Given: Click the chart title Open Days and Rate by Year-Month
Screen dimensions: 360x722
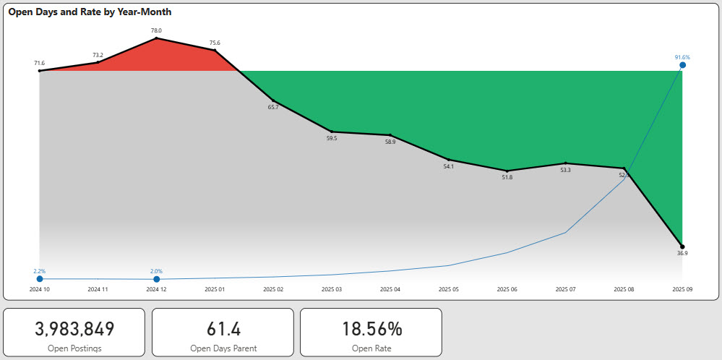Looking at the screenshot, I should pos(90,12).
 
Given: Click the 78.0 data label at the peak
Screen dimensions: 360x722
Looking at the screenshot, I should pos(156,30).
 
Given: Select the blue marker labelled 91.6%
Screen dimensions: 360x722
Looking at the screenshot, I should pos(682,65).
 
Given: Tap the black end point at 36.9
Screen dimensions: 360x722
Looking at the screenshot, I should pos(682,247).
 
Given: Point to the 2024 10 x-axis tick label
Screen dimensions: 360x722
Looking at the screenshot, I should pos(39,289).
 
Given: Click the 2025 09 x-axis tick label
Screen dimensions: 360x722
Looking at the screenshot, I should pos(682,289).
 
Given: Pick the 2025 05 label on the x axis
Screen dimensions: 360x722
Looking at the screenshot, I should pos(448,289).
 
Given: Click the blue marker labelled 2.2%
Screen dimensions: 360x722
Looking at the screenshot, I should pos(39,279).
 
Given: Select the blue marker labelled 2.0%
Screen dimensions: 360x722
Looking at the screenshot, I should pos(156,279).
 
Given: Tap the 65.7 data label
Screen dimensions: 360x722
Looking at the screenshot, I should pos(273,107).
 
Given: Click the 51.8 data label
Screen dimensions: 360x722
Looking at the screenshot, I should pos(507,177).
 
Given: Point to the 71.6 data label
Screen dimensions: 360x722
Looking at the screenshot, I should pos(39,63).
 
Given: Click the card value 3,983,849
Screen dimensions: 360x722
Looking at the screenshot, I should pos(74,329).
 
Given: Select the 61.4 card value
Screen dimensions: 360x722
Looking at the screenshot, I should pos(223,329).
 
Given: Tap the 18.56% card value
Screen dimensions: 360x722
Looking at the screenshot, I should pos(371,329).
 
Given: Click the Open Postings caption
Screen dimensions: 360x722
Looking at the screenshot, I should pos(74,348).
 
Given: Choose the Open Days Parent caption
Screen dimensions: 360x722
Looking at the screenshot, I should pos(223,348).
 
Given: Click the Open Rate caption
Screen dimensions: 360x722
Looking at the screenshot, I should pos(371,348).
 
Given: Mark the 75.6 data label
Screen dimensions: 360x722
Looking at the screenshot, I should pos(215,43).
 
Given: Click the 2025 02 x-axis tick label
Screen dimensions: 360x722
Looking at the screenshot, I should pos(273,289).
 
